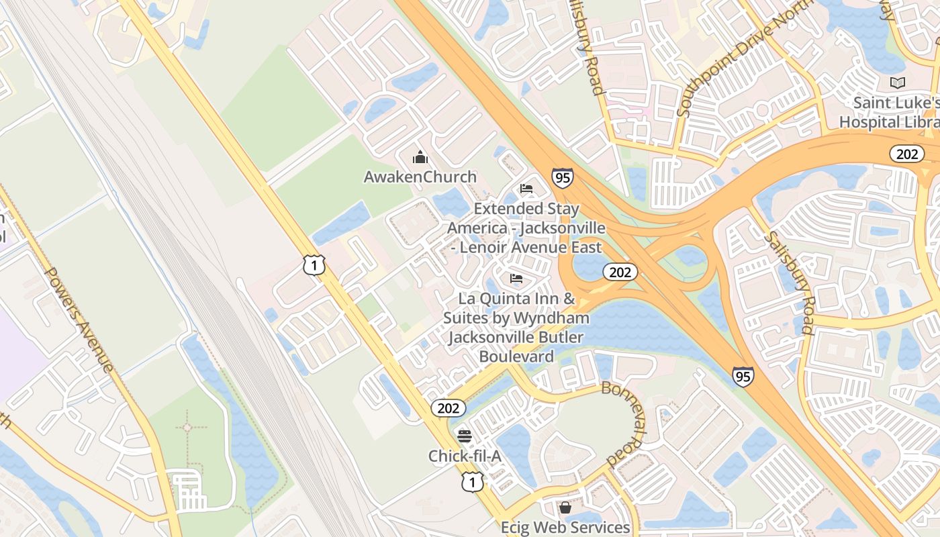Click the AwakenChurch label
420,177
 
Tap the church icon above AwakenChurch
420,158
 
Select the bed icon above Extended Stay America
526,189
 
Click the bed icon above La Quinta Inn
516,278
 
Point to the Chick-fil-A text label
465,456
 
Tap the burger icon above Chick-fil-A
464,436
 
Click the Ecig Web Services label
565,527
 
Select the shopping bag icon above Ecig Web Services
565,507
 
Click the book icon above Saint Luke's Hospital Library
897,83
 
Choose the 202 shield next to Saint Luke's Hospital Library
907,154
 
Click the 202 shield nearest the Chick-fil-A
448,407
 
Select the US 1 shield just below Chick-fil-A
473,481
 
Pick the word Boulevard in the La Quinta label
516,356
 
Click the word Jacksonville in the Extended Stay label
563,228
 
